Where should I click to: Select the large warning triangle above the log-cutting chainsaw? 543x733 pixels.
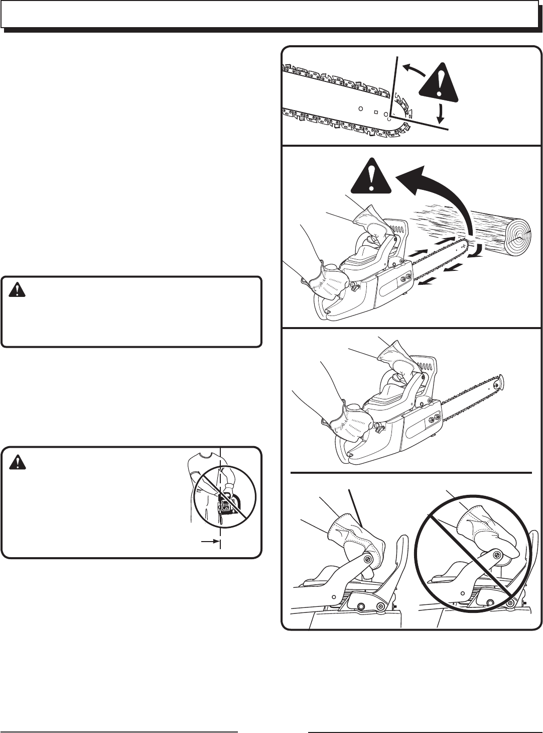[x=371, y=177]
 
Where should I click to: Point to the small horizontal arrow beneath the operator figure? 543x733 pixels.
[x=208, y=541]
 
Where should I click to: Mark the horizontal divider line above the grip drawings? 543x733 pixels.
[x=412, y=473]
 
